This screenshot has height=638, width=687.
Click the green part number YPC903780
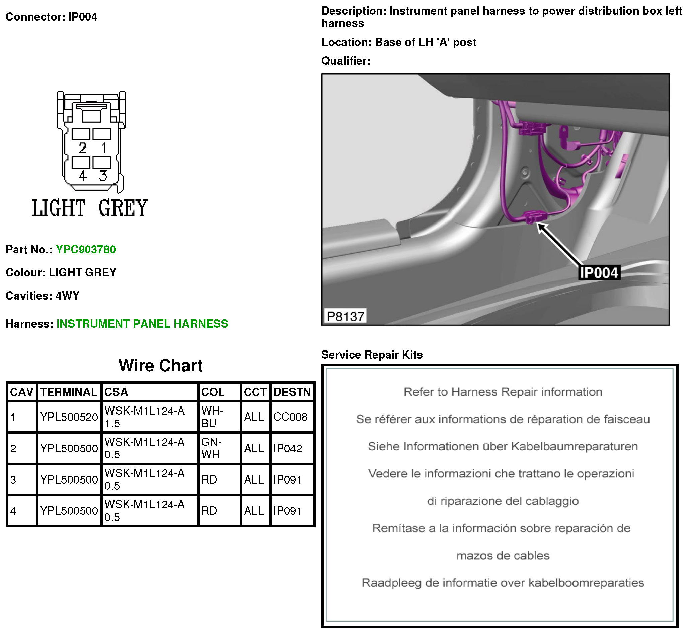point(85,249)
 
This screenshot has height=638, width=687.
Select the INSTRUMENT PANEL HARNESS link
point(142,323)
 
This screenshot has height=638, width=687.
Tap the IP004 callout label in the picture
point(599,273)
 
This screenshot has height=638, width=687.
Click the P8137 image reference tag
point(345,316)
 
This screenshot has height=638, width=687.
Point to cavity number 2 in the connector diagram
point(82,148)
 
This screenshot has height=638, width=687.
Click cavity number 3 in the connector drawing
point(103,176)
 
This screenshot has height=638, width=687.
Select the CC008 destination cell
point(290,417)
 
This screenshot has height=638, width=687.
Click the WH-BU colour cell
point(212,417)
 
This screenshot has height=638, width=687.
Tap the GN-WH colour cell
point(211,448)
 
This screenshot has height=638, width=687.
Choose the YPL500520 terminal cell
point(69,417)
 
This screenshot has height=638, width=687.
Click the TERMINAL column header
point(69,392)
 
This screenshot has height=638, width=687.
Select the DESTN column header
point(292,392)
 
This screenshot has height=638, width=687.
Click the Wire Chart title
point(160,365)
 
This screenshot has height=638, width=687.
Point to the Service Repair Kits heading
point(372,355)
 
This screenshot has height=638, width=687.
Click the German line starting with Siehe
point(503,446)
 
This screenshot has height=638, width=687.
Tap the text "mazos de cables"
point(503,556)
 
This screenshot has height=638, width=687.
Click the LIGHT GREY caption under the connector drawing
point(90,208)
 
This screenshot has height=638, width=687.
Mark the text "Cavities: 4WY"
point(43,296)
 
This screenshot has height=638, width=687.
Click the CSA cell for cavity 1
point(145,417)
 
